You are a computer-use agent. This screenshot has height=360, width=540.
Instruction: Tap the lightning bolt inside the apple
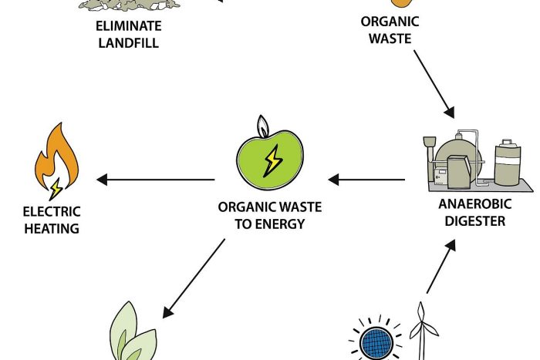point(272,160)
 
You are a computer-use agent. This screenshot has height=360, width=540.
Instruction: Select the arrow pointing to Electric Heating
point(155,180)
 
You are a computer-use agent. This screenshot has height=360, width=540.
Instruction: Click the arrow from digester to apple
point(366,180)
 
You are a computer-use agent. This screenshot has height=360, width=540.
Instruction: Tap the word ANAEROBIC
point(472,205)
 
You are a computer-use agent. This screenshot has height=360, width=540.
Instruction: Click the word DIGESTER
point(472,221)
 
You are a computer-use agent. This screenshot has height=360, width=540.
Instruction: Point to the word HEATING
point(52,228)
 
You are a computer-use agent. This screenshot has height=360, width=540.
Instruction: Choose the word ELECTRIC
point(52,212)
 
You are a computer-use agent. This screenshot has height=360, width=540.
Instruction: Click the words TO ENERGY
point(270,224)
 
